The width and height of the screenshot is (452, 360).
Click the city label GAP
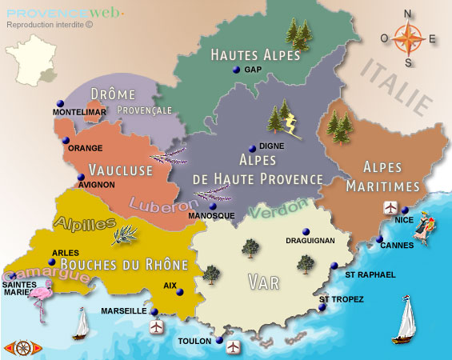coord(254,70)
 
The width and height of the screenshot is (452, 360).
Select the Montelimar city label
coord(78,113)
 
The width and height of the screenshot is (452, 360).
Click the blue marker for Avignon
coord(80,178)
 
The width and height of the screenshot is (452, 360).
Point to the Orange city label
coord(85,149)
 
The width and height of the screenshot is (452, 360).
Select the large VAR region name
coord(263,282)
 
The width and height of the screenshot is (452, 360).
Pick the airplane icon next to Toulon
coord(234,346)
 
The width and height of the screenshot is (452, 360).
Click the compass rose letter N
coord(408,14)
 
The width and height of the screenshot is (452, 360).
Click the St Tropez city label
coord(342,299)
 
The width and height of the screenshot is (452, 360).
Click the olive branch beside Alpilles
coord(126,233)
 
